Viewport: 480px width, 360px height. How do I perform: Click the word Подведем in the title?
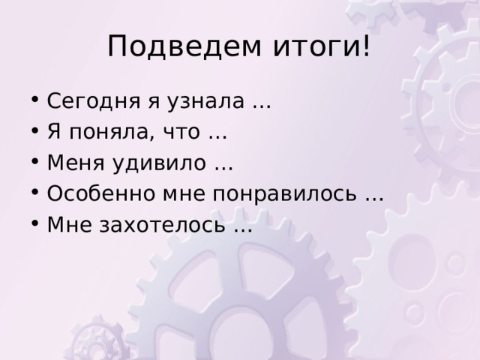[184, 46]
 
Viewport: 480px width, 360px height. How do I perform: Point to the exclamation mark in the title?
[367, 46]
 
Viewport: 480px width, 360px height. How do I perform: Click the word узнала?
[205, 101]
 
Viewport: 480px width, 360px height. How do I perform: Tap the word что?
[181, 133]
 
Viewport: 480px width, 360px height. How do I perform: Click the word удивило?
[159, 163]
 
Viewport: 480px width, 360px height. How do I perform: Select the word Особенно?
[101, 193]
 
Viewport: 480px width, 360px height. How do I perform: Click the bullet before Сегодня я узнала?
[35, 100]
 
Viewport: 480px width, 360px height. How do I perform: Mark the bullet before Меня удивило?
[35, 161]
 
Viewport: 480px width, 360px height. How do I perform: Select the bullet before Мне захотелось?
[35, 223]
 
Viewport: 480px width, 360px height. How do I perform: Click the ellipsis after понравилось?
[374, 199]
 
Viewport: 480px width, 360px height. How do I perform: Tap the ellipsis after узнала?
[262, 106]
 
